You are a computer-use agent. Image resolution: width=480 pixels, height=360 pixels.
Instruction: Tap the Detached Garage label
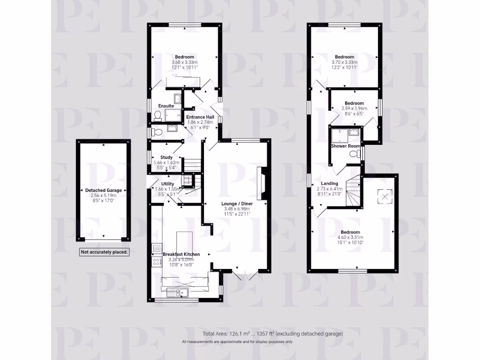tap(103, 190)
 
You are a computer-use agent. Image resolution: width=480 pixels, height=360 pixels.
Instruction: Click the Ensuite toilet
tap(157, 116)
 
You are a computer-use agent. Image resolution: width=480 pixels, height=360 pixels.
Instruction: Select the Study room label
tap(166, 157)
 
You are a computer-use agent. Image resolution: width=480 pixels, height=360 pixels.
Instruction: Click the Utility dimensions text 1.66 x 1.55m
tap(168, 188)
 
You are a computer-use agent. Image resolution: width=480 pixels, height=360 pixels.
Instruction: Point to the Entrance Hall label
tap(200, 117)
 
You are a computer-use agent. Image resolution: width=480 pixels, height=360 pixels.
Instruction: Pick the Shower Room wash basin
tap(355, 133)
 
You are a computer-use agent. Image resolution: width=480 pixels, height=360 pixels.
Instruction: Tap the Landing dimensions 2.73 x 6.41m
tap(330, 188)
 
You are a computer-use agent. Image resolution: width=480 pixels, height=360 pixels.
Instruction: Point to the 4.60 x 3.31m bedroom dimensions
tap(350, 238)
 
